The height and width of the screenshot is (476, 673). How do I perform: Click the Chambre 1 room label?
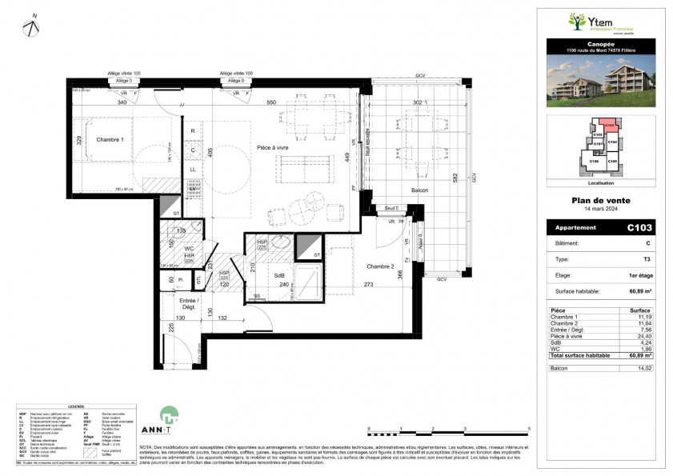(110, 140)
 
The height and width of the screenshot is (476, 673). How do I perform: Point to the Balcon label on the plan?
(419, 190)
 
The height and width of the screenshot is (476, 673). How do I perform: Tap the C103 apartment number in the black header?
(640, 228)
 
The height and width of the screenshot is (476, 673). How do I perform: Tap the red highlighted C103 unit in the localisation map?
(610, 125)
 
